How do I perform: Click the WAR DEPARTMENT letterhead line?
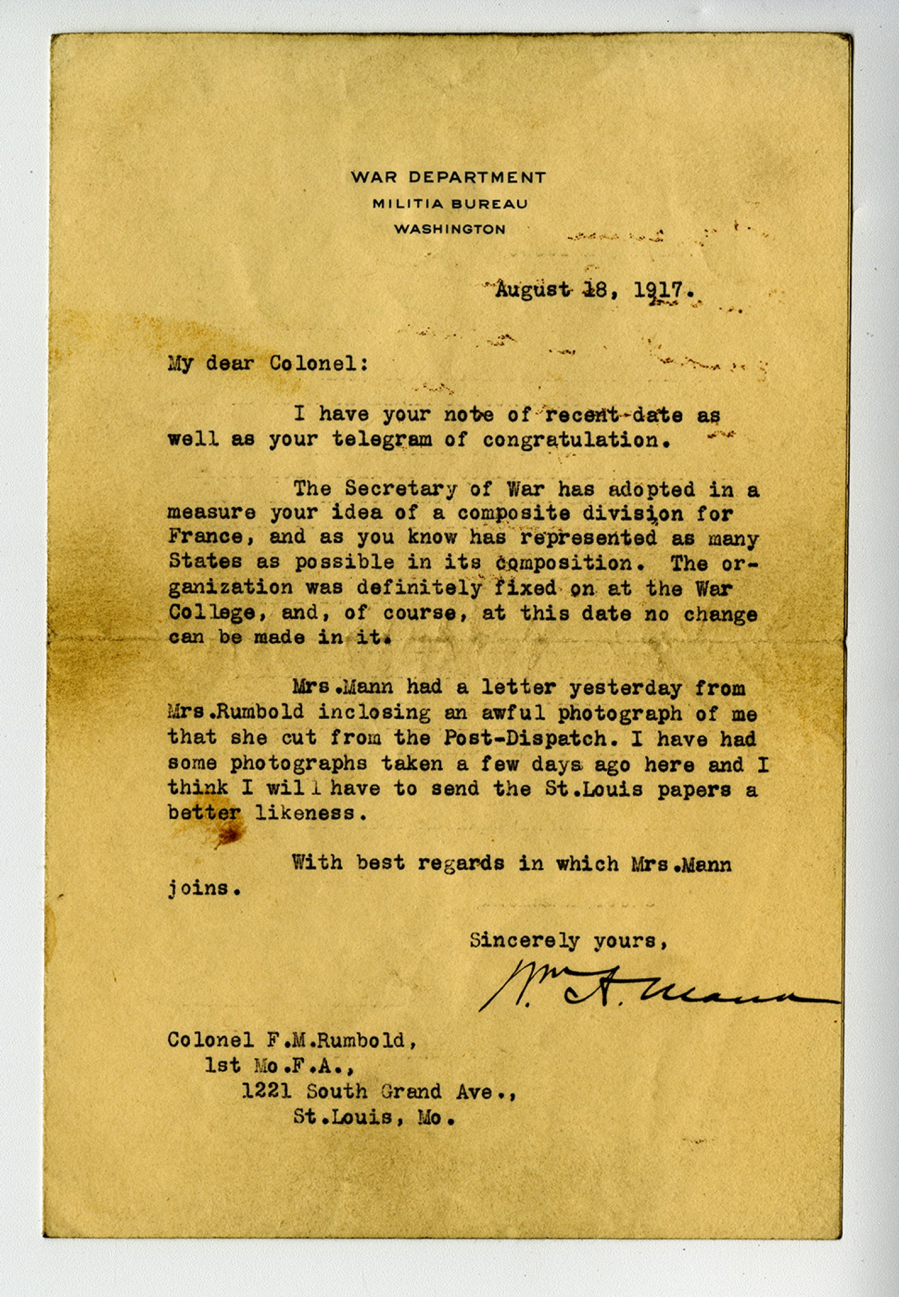[x=448, y=177]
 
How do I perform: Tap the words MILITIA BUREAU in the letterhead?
[x=450, y=204]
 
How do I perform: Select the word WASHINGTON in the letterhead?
[x=450, y=229]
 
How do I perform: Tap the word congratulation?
[x=576, y=441]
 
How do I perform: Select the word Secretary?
[x=400, y=489]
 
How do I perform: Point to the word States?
[x=205, y=561]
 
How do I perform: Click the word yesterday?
[x=625, y=688]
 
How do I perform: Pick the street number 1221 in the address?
[x=267, y=1091]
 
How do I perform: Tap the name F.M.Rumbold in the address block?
[x=342, y=1041]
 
